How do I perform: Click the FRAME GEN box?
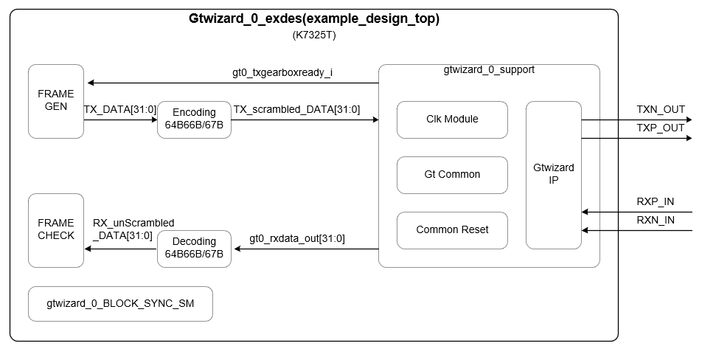pyautogui.click(x=56, y=101)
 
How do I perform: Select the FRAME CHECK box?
pyautogui.click(x=56, y=229)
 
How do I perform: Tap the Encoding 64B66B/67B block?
pyautogui.click(x=194, y=120)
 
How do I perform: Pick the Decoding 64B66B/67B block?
pyautogui.click(x=194, y=248)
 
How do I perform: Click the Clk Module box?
pyautogui.click(x=452, y=120)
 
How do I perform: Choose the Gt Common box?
pyautogui.click(x=452, y=175)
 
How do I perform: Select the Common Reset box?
pyautogui.click(x=452, y=229)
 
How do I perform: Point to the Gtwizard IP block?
pyautogui.click(x=553, y=174)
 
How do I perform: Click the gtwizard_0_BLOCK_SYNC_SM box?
pyautogui.click(x=119, y=303)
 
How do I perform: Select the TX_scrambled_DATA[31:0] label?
pyautogui.click(x=296, y=109)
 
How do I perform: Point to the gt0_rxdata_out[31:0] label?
pyautogui.click(x=296, y=238)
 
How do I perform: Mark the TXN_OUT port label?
pyautogui.click(x=661, y=110)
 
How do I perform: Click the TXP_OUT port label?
pyautogui.click(x=661, y=128)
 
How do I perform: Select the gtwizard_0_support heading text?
pyautogui.click(x=489, y=70)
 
